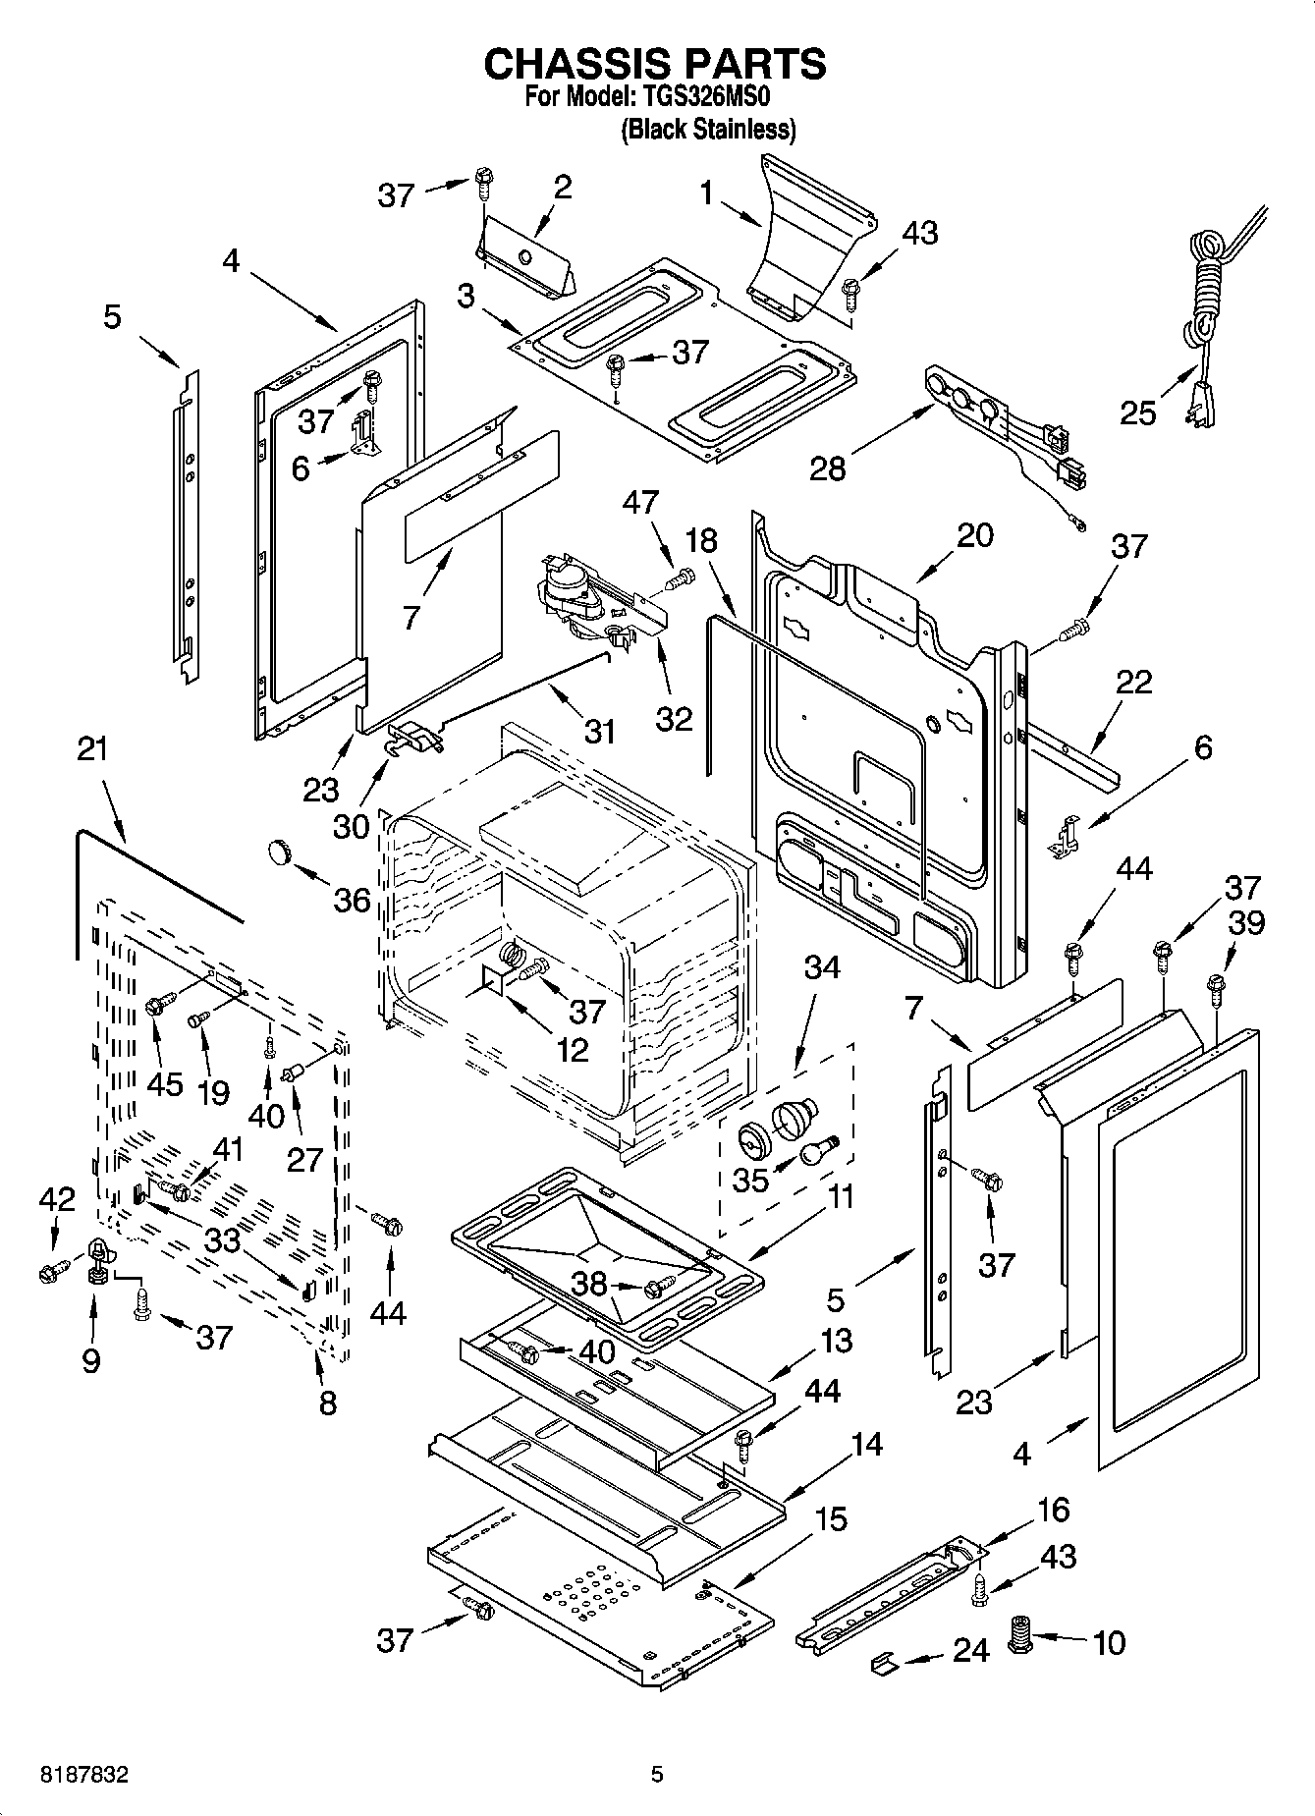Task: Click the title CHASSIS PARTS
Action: pos(655,64)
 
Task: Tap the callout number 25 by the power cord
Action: pos(1138,413)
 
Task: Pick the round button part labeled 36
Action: pos(281,852)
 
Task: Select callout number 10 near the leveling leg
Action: pos(1109,1642)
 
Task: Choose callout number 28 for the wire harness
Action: pos(828,468)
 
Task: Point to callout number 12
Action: pos(572,1049)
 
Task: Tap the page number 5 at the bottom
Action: pos(657,1775)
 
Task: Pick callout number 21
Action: pos(92,749)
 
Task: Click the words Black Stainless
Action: pos(707,129)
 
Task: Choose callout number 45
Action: pos(165,1083)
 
